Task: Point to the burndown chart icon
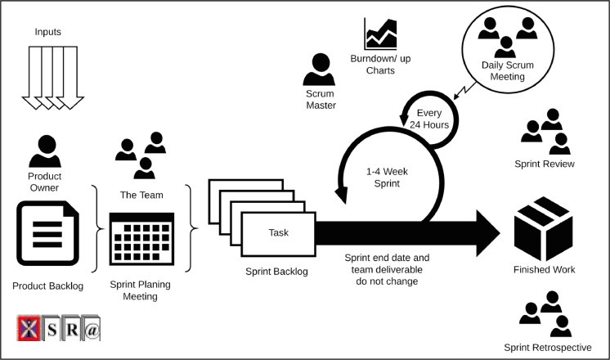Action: point(380,34)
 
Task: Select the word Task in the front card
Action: point(279,232)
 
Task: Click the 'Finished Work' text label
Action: point(545,269)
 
